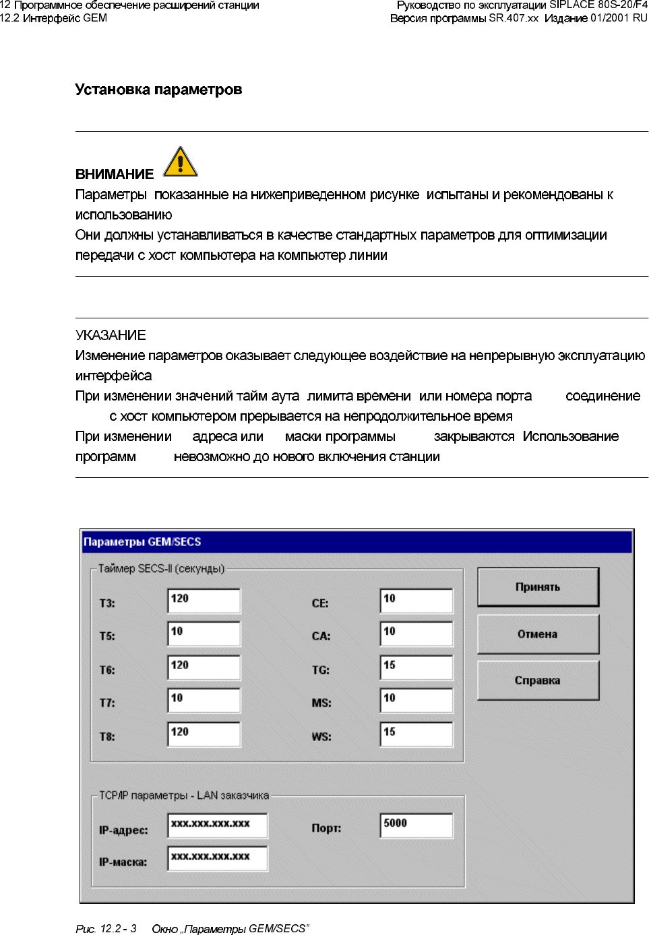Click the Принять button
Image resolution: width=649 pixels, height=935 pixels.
538,587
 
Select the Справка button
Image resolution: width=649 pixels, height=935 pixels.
538,681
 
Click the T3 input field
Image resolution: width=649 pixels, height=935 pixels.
204,600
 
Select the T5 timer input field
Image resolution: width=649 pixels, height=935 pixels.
204,633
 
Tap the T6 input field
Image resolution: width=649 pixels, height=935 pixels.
204,667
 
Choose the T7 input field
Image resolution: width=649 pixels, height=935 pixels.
204,700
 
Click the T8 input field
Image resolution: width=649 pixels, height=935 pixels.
204,734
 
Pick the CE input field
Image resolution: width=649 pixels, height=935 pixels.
416,600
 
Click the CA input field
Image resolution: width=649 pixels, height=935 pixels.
416,633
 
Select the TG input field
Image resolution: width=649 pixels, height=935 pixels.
416,667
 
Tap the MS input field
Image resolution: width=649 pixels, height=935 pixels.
416,700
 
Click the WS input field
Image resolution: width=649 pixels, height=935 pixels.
416,734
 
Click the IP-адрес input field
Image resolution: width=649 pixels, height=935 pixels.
217,825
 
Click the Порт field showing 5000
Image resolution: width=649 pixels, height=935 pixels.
416,825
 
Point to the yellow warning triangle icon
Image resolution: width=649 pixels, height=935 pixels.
180,162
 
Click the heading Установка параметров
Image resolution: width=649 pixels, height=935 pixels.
158,90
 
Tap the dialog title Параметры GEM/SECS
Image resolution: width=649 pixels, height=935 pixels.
142,542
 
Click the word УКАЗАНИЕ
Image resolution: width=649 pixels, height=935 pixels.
111,335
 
